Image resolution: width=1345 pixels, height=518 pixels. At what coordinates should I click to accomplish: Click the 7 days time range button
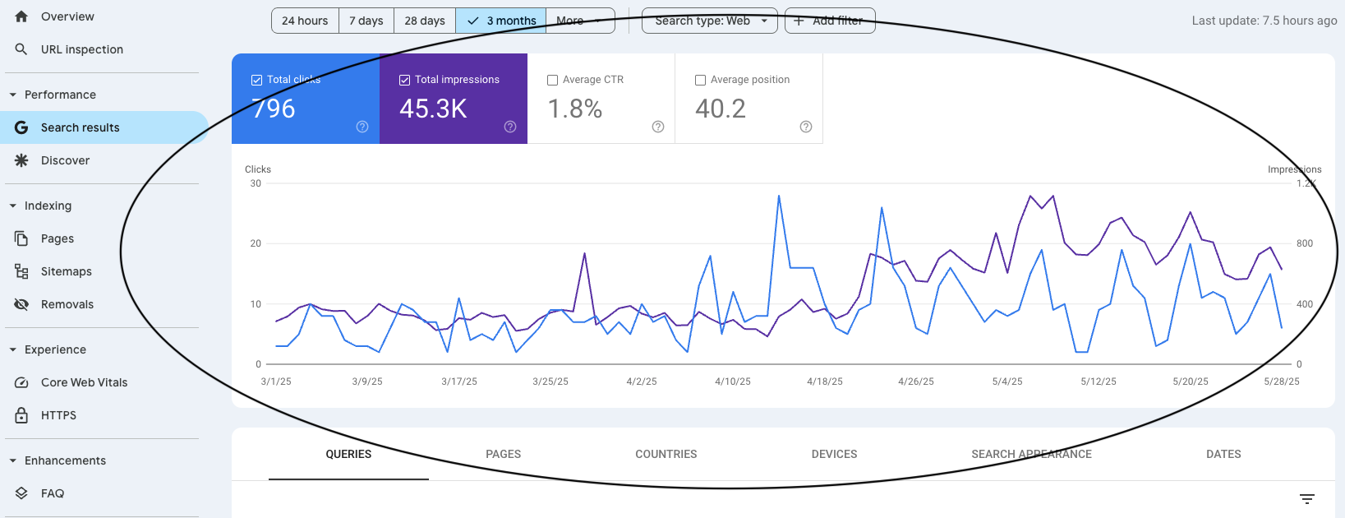(366, 21)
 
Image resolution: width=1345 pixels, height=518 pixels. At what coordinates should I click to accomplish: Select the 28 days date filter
(425, 21)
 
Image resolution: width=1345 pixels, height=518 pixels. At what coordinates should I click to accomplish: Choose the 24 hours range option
(305, 21)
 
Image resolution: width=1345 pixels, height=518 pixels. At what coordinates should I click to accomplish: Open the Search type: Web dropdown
(710, 21)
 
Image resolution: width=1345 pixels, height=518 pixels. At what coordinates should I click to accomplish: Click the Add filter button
(830, 21)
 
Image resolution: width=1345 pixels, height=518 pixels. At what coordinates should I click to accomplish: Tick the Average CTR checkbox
(553, 81)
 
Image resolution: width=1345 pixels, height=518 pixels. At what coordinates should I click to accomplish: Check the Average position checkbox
(701, 81)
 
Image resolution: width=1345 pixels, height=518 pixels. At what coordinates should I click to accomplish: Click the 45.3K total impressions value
(433, 109)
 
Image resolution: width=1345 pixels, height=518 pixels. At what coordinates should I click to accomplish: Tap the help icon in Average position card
(806, 127)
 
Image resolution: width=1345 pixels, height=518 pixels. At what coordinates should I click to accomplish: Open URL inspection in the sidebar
(81, 49)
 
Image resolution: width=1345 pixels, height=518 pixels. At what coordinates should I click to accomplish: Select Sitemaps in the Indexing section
(66, 271)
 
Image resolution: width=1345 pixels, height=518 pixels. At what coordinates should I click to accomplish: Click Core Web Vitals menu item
(84, 382)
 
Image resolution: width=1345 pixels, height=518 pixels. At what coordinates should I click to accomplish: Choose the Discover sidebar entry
(65, 160)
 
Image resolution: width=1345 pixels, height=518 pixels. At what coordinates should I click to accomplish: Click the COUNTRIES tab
(666, 454)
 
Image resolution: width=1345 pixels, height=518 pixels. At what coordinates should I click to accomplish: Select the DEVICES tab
(834, 454)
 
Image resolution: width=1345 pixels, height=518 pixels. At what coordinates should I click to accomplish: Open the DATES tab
(1223, 454)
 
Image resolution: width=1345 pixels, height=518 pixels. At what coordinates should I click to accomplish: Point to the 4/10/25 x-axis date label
(733, 382)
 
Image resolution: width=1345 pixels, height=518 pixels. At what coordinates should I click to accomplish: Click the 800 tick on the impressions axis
(1305, 243)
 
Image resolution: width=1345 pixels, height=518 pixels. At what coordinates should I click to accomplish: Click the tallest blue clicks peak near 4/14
(779, 197)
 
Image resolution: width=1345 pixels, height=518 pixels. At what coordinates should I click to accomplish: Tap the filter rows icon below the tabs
(1307, 499)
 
